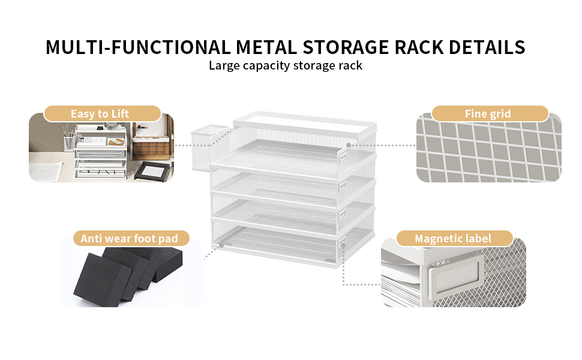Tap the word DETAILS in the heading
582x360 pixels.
pyautogui.click(x=487, y=47)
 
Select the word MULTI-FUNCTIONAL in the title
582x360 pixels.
pyautogui.click(x=138, y=47)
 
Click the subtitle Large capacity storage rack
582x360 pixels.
pyautogui.click(x=286, y=65)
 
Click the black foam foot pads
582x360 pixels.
pyautogui.click(x=128, y=276)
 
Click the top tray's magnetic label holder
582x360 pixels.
pyautogui.click(x=343, y=157)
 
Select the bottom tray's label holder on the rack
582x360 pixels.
pyautogui.click(x=343, y=243)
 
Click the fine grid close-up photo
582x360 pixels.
pyautogui.click(x=489, y=148)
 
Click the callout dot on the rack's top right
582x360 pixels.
pyautogui.click(x=349, y=145)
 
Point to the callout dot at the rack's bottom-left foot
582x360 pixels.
pyautogui.click(x=221, y=245)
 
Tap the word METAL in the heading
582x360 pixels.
pyautogui.click(x=266, y=47)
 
